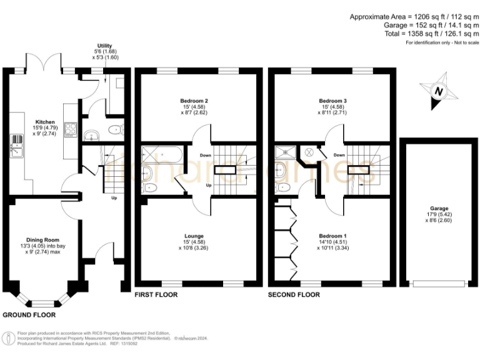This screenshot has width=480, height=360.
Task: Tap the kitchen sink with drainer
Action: pos(15,149)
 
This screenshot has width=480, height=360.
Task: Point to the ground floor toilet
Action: pos(113,129)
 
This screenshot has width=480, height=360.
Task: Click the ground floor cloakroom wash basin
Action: pos(92,134)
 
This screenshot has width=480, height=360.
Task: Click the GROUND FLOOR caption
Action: pos(27,314)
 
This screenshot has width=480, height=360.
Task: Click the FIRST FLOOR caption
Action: pos(156,294)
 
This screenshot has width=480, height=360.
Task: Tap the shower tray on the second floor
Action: pos(284,151)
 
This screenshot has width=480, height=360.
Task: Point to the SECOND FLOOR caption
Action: pos(293,294)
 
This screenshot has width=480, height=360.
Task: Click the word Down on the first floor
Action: pos(206,155)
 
